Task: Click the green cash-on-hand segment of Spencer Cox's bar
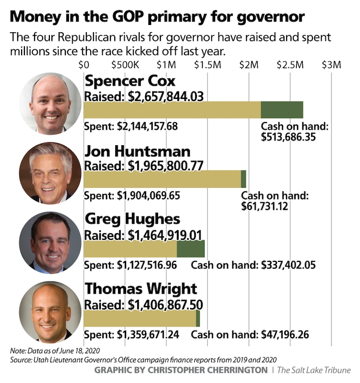(x=282, y=110)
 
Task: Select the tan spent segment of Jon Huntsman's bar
(x=162, y=179)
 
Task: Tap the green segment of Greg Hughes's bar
(x=191, y=248)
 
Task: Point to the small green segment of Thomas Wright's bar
(x=198, y=319)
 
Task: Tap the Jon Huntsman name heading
(x=137, y=151)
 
